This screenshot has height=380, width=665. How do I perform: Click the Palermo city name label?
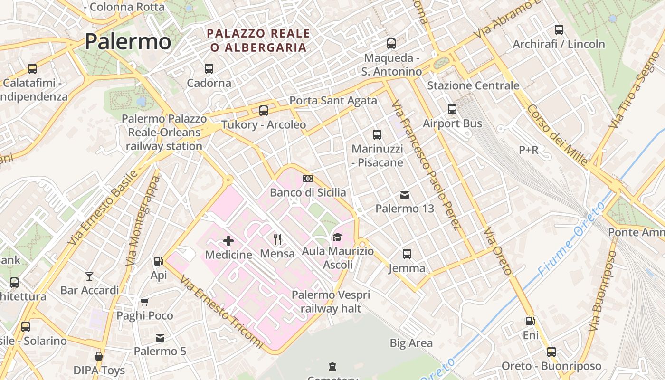point(128,42)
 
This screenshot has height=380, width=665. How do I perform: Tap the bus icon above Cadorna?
point(209,68)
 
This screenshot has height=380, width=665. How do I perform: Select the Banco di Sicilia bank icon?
point(308,179)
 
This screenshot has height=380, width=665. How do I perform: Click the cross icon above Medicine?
point(228,241)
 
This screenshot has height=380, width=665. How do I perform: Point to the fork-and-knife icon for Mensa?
point(278,239)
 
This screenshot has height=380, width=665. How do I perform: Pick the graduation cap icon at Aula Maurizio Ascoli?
point(337,237)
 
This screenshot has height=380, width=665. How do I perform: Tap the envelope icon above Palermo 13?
point(405,195)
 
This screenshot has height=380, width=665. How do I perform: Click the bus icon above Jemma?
point(407,254)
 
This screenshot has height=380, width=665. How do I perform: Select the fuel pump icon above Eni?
point(531,322)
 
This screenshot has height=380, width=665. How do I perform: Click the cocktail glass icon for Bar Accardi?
point(89,276)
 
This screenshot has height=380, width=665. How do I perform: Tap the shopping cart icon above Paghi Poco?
point(145,302)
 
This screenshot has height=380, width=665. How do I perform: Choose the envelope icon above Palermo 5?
point(160,338)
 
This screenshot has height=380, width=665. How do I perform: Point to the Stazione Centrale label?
point(473,85)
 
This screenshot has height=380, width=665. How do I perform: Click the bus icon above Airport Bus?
point(452,109)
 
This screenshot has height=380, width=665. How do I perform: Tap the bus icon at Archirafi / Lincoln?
point(559,30)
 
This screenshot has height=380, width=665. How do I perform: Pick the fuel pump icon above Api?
point(158,261)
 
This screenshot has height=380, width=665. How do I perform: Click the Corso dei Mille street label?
point(557,134)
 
